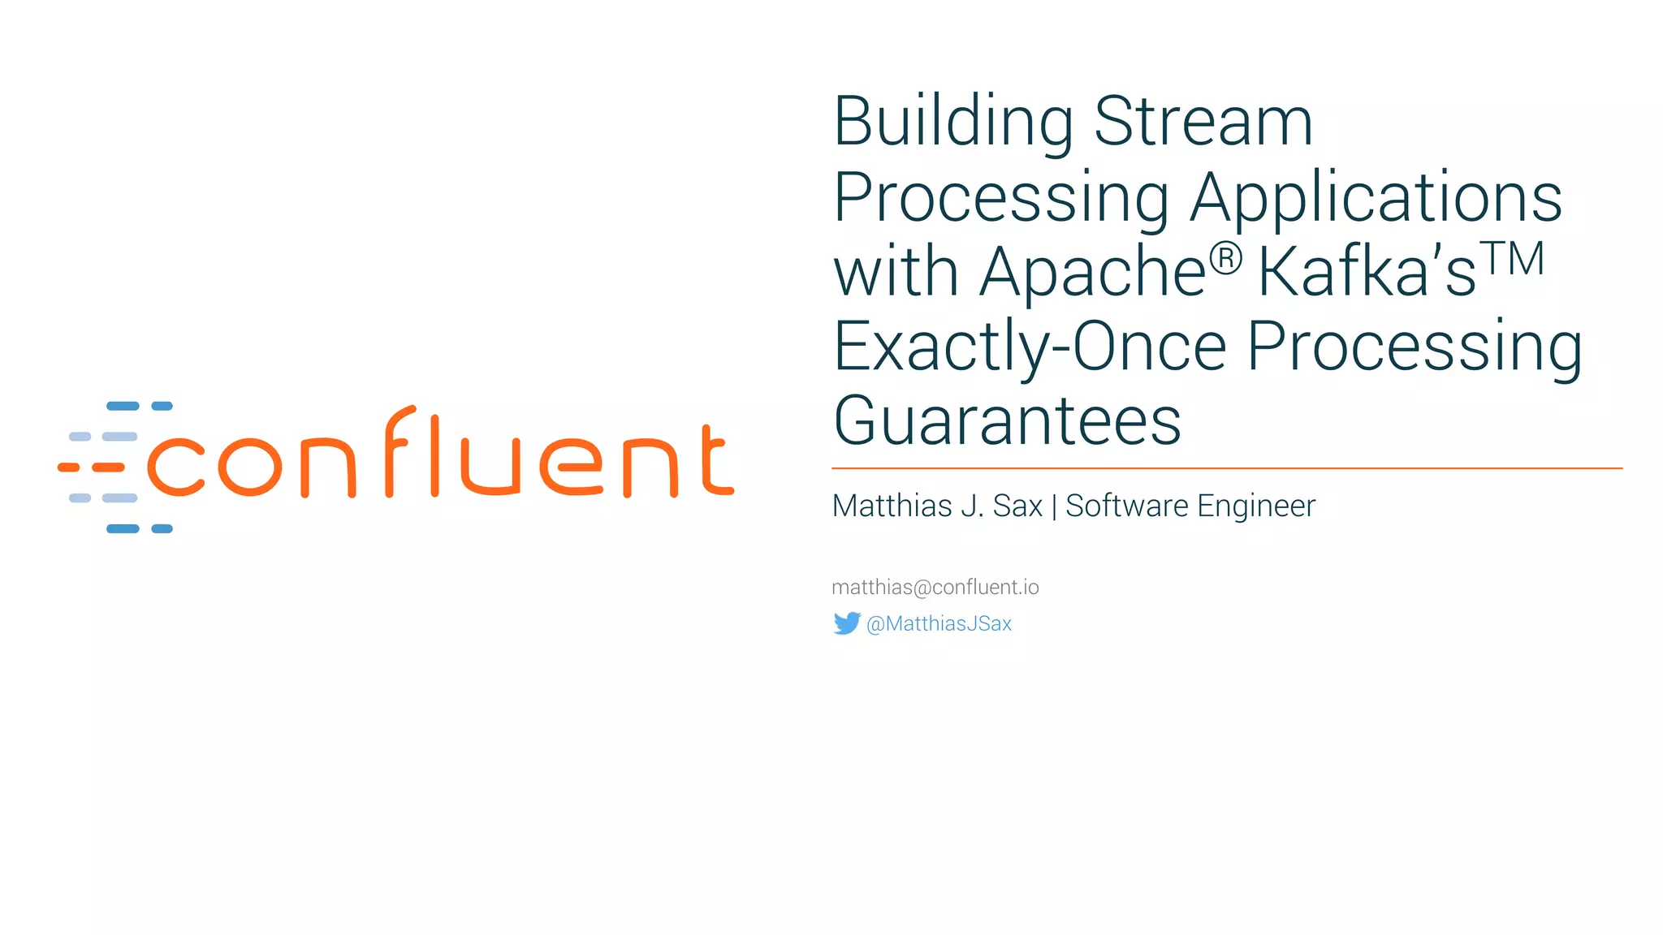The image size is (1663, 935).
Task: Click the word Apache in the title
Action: point(1093,272)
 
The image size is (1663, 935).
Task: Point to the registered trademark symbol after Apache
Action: point(1225,259)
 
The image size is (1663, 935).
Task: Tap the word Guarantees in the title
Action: point(1007,421)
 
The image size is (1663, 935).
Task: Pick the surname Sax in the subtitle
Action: point(1017,506)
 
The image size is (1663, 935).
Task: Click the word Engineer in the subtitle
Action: point(1255,506)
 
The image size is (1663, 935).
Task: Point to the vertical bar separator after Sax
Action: point(1054,506)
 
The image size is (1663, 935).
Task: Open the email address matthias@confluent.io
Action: point(935,587)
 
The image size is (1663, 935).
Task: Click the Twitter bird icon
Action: point(846,623)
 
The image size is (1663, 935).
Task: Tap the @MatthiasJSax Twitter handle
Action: point(939,623)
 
